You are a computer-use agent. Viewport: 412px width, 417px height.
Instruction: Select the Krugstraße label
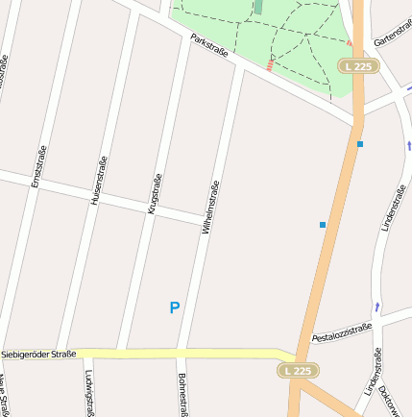click(x=155, y=192)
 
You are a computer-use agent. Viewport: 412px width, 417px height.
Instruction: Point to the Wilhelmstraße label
click(x=211, y=208)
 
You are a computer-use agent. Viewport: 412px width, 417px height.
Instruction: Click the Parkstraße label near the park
click(x=209, y=45)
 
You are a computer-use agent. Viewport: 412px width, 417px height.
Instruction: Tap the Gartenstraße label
click(x=392, y=37)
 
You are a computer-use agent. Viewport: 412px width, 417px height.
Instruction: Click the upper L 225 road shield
click(x=359, y=65)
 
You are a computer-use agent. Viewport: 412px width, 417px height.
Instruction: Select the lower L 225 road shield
click(x=298, y=370)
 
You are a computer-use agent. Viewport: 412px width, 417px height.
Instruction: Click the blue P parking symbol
click(x=174, y=308)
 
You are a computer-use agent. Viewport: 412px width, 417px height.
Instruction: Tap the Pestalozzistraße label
click(x=342, y=332)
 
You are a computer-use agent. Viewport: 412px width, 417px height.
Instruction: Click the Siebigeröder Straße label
click(x=38, y=355)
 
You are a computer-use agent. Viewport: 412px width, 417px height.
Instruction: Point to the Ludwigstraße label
click(x=89, y=392)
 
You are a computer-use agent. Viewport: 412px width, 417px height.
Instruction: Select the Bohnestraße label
click(x=181, y=393)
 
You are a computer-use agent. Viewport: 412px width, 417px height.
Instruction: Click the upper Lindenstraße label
click(x=389, y=206)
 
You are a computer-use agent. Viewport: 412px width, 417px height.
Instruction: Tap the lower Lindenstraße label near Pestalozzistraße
click(x=373, y=374)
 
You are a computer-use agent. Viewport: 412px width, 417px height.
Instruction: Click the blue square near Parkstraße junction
click(x=360, y=144)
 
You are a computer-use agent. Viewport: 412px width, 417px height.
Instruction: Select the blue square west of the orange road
click(x=323, y=225)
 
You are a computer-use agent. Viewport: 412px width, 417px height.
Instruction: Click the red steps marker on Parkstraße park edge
click(x=270, y=65)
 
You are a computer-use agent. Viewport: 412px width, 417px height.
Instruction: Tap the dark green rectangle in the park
click(x=257, y=7)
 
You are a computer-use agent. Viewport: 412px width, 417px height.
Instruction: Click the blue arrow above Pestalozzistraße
click(x=377, y=307)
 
